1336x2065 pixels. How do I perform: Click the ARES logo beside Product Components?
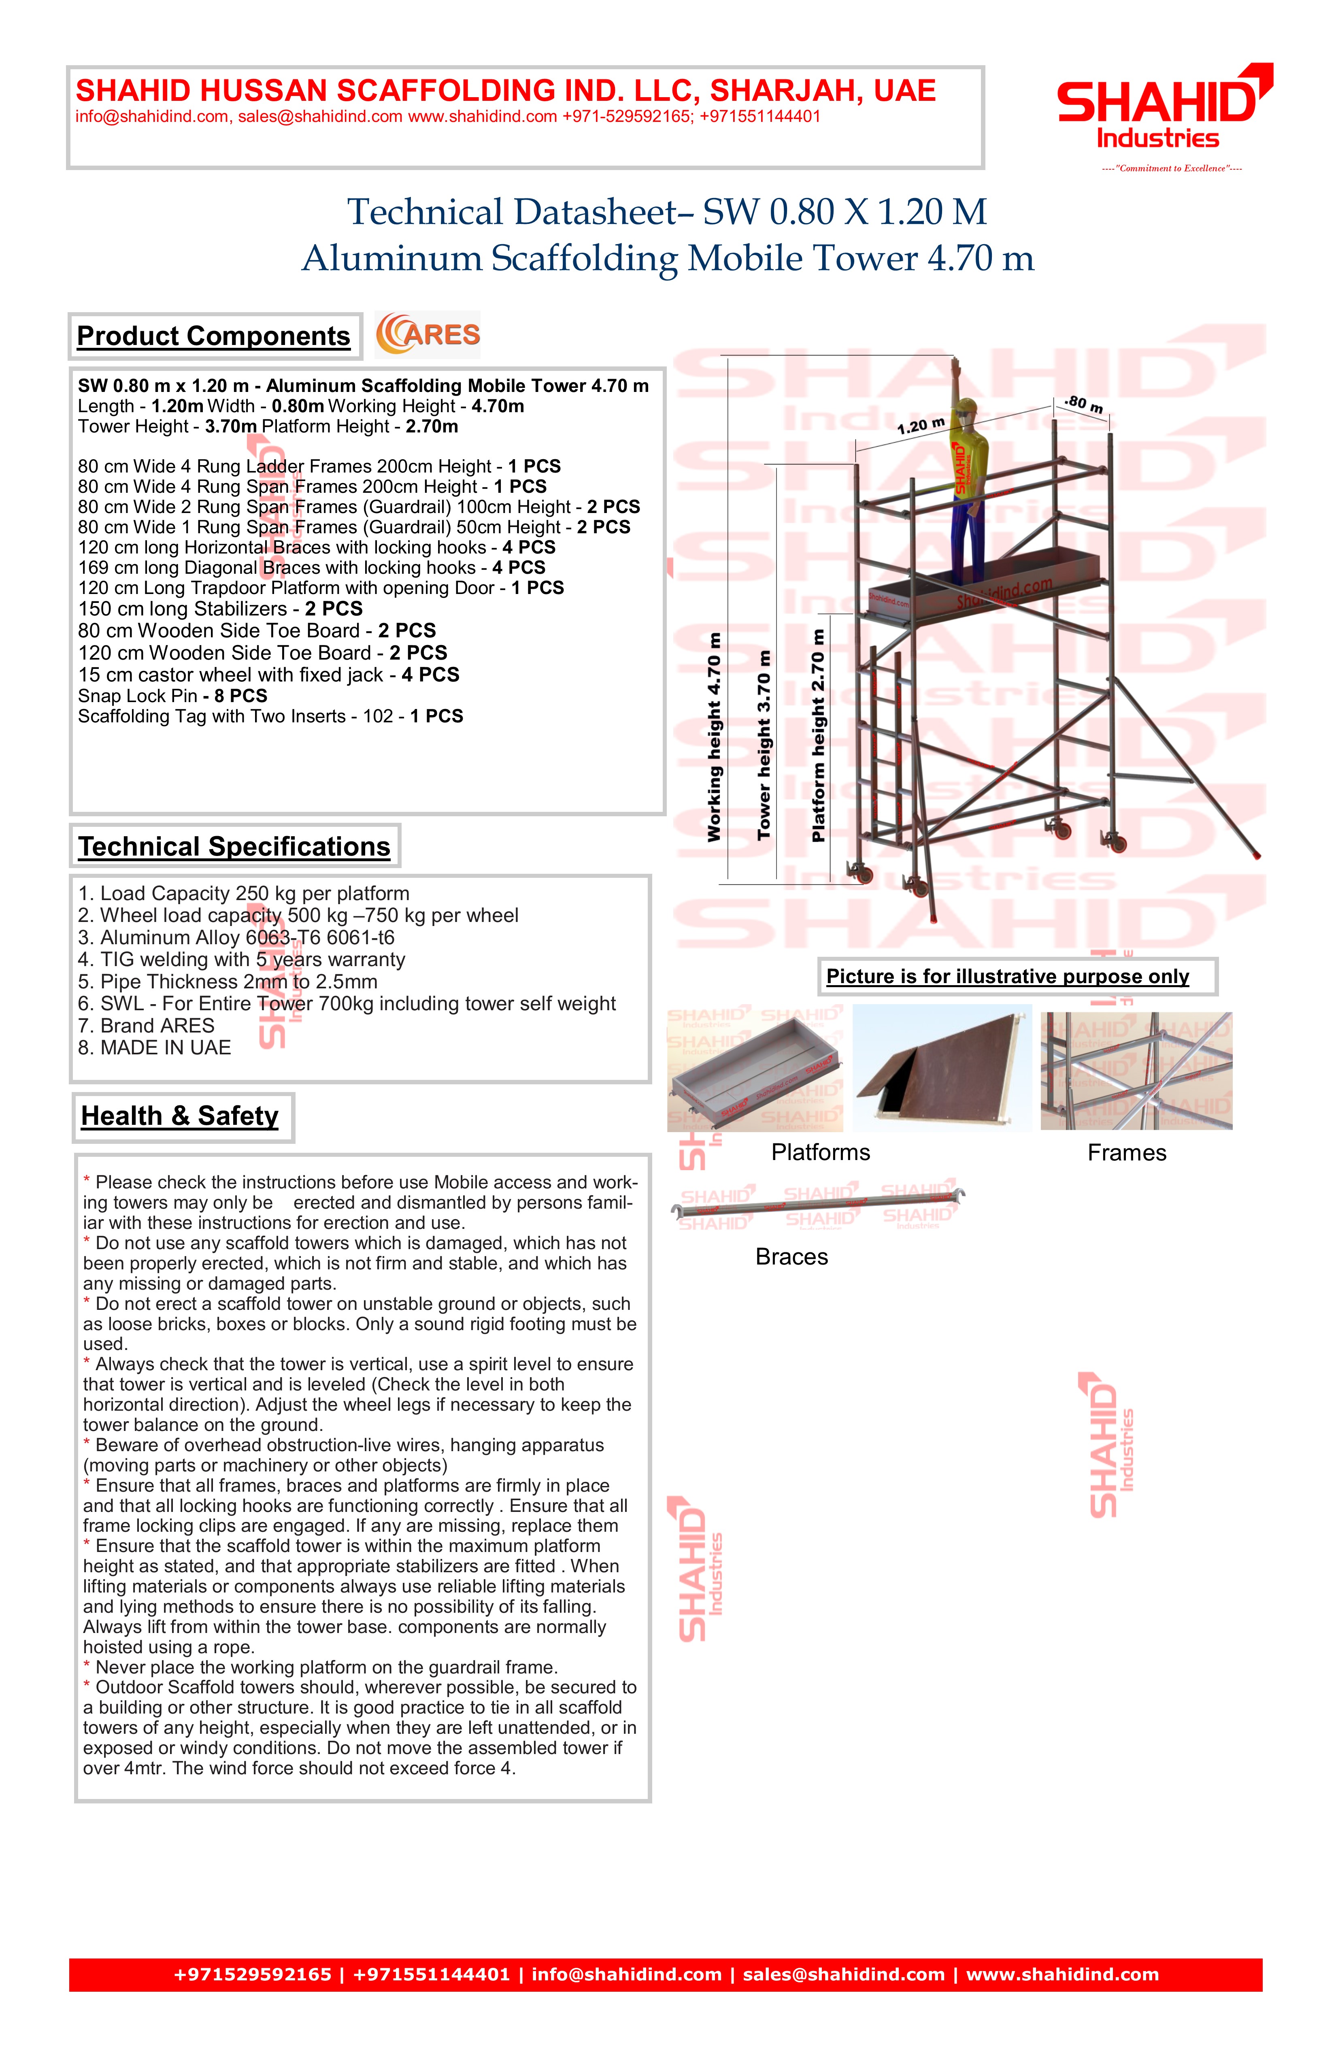(428, 335)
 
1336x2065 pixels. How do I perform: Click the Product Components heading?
(213, 336)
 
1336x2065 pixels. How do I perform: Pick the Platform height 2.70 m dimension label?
(817, 736)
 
